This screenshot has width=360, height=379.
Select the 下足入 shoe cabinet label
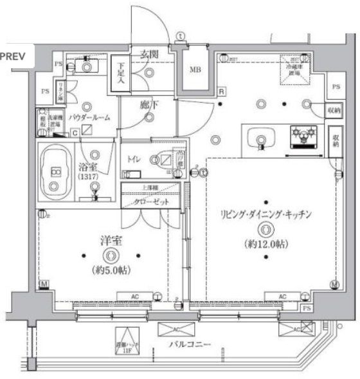pyautogui.click(x=121, y=72)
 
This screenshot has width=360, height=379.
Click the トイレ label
pyautogui.click(x=134, y=156)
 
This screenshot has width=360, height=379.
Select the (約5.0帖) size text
pyautogui.click(x=113, y=269)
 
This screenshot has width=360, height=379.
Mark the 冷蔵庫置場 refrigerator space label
pyautogui.click(x=292, y=70)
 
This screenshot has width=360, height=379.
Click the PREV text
pyautogui.click(x=13, y=56)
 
